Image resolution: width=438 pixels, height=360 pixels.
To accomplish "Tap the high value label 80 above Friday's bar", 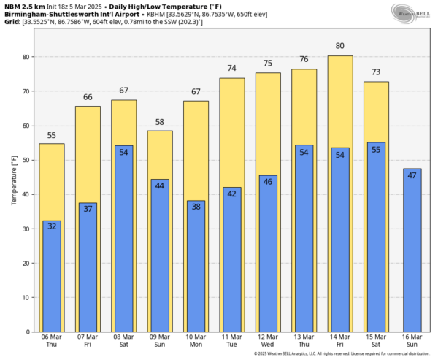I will [339, 47].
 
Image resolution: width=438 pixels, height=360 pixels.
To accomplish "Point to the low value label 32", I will [52, 227].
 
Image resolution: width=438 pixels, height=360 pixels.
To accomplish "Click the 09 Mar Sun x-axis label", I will [160, 340].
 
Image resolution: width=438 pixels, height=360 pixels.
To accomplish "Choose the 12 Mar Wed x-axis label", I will [268, 340].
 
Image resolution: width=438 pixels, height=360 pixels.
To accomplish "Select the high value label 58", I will [160, 121].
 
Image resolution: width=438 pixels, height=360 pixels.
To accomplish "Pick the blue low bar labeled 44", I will [160, 256].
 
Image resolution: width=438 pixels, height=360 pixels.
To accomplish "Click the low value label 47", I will [412, 175].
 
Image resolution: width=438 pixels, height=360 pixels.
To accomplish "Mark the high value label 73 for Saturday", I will [376, 72].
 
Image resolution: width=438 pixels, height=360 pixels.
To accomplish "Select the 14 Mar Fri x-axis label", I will [339, 340].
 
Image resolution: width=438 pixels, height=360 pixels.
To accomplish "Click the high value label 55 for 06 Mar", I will [52, 135].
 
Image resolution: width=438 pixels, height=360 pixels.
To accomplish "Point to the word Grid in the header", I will [12, 22].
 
